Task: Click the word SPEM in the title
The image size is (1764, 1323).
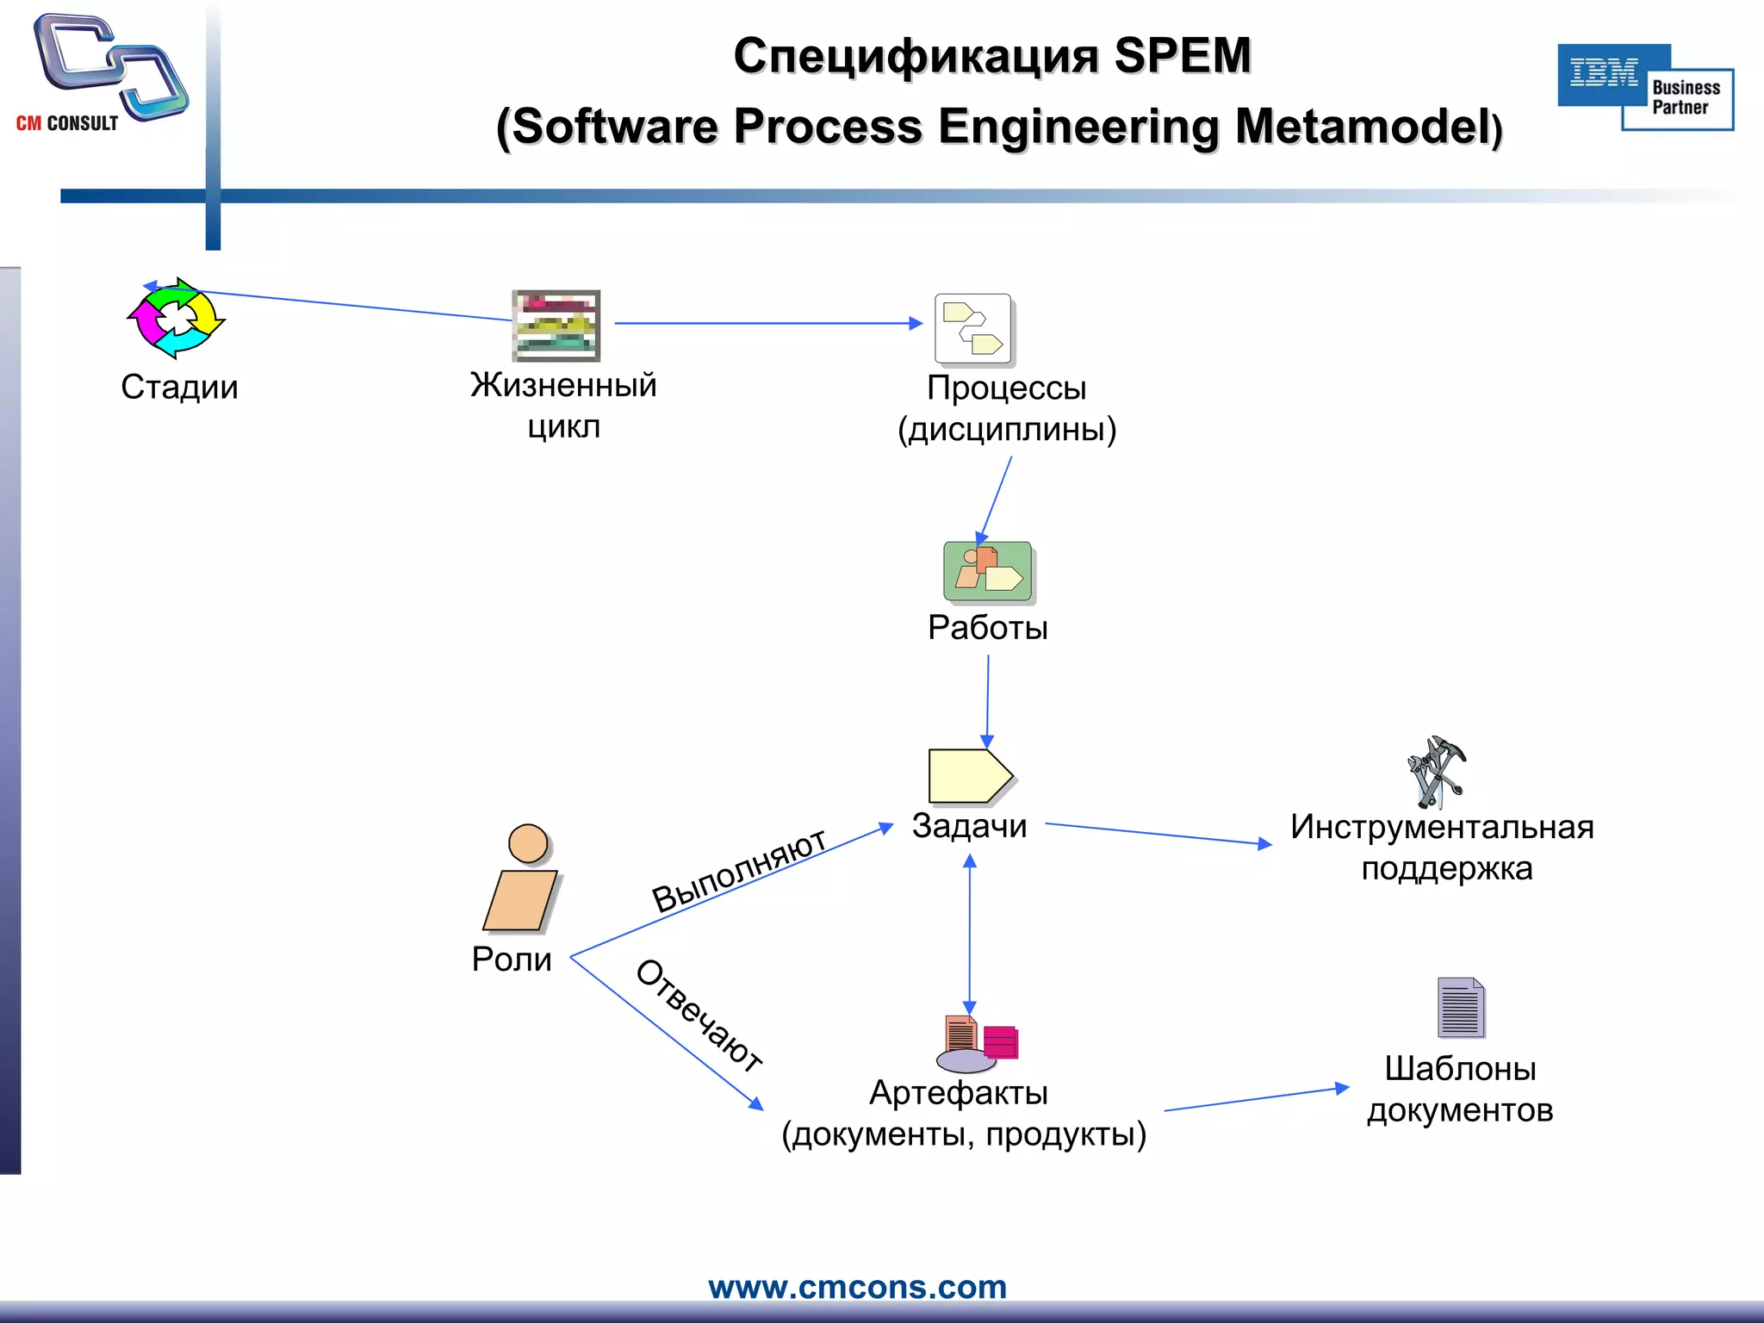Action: tap(1182, 56)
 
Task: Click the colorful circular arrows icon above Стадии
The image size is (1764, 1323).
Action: tap(177, 318)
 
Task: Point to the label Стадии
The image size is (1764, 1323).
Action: tap(179, 387)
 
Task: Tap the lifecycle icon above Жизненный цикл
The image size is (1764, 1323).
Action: tap(556, 326)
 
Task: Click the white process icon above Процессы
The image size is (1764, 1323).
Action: tap(973, 329)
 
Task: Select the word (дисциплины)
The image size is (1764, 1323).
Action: tap(1006, 429)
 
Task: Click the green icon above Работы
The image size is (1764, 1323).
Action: tap(987, 571)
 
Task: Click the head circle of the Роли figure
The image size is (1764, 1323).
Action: tap(528, 843)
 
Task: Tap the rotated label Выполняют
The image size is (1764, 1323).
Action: tap(739, 870)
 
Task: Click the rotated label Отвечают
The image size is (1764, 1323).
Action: tap(699, 1016)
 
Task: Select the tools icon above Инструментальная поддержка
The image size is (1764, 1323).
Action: tap(1435, 772)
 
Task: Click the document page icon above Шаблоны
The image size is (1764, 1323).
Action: tap(1460, 1007)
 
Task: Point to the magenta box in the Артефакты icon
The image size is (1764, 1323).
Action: tap(1000, 1042)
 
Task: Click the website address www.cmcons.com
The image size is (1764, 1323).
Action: tap(857, 1287)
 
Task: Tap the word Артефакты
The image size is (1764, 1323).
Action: tap(958, 1093)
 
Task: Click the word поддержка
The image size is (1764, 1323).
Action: tap(1446, 868)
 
